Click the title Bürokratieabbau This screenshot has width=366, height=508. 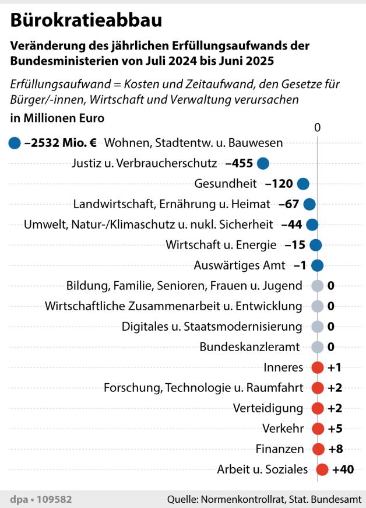point(86,20)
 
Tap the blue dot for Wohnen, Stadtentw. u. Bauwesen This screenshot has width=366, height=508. point(15,142)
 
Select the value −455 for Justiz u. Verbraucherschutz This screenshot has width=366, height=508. point(238,163)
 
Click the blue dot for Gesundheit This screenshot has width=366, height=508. point(302,184)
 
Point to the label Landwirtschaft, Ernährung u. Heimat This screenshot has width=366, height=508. point(172,204)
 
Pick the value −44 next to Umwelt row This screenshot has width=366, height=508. point(291,225)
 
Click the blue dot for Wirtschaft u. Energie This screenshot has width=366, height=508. point(316,245)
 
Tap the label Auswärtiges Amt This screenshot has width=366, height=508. point(240,265)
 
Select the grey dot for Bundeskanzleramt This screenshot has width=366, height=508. point(318,347)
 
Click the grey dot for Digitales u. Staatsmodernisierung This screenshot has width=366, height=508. point(318,327)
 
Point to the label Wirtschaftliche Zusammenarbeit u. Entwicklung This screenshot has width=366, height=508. point(174,306)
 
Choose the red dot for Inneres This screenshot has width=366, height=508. point(318,367)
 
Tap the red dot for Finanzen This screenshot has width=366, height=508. point(318,449)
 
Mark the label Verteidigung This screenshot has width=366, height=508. point(268,408)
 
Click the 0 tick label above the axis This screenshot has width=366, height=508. point(318,127)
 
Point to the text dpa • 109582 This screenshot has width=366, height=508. point(41,499)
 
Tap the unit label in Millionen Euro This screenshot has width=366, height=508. point(57,118)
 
